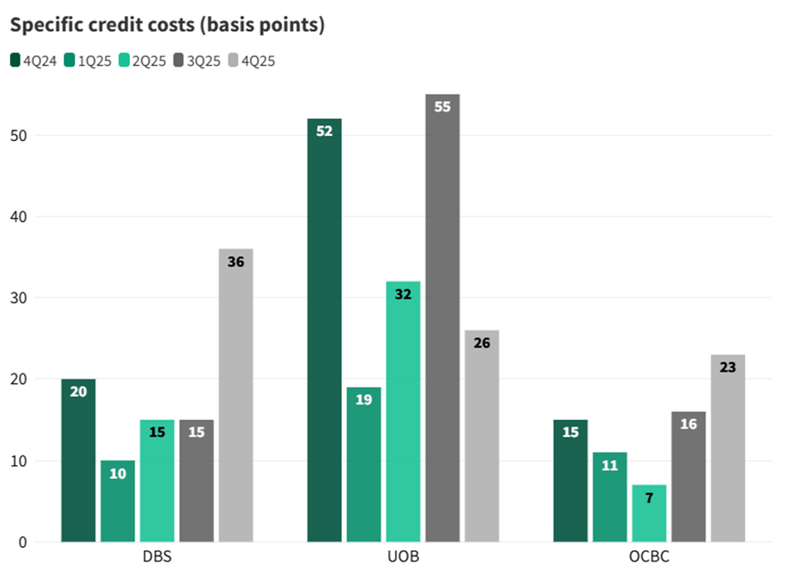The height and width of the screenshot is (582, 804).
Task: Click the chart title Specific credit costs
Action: [168, 26]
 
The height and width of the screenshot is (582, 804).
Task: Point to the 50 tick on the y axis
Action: [18, 136]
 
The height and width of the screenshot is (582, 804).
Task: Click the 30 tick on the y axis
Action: [18, 298]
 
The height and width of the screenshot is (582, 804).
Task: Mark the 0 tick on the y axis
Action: [22, 542]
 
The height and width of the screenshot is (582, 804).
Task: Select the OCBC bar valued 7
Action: [649, 514]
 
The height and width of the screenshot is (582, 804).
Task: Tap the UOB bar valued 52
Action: [324, 330]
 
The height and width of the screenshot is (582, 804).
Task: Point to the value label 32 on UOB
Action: [403, 294]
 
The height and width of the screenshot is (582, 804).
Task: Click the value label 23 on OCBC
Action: [728, 367]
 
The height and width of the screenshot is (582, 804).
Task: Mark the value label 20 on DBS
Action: [79, 391]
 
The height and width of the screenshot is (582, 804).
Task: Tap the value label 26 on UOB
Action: [482, 343]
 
